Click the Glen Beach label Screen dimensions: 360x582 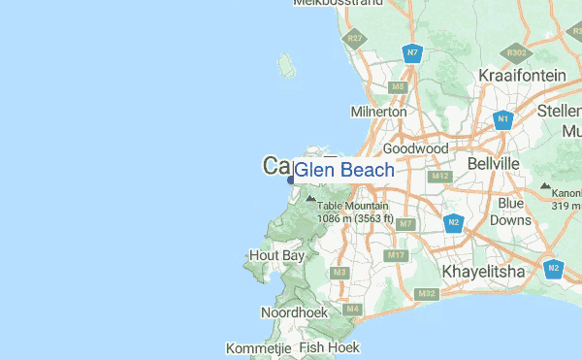pyautogui.click(x=344, y=171)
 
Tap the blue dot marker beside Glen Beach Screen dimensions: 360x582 pyautogui.click(x=290, y=179)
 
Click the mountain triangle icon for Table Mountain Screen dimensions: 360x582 pyautogui.click(x=310, y=198)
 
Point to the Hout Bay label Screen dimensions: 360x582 pyautogui.click(x=276, y=255)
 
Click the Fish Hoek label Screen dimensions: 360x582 pyautogui.click(x=329, y=346)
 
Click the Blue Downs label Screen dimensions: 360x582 pyautogui.click(x=511, y=212)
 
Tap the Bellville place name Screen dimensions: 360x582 pyautogui.click(x=495, y=165)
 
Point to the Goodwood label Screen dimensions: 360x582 pyautogui.click(x=415, y=149)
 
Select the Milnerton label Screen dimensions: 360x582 pyautogui.click(x=378, y=112)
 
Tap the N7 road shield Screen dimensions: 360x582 pyautogui.click(x=413, y=52)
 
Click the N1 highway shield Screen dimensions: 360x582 pyautogui.click(x=502, y=120)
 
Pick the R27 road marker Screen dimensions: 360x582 pyautogui.click(x=356, y=39)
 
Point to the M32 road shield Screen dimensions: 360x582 pyautogui.click(x=426, y=293)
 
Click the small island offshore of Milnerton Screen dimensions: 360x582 pyautogui.click(x=287, y=66)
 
